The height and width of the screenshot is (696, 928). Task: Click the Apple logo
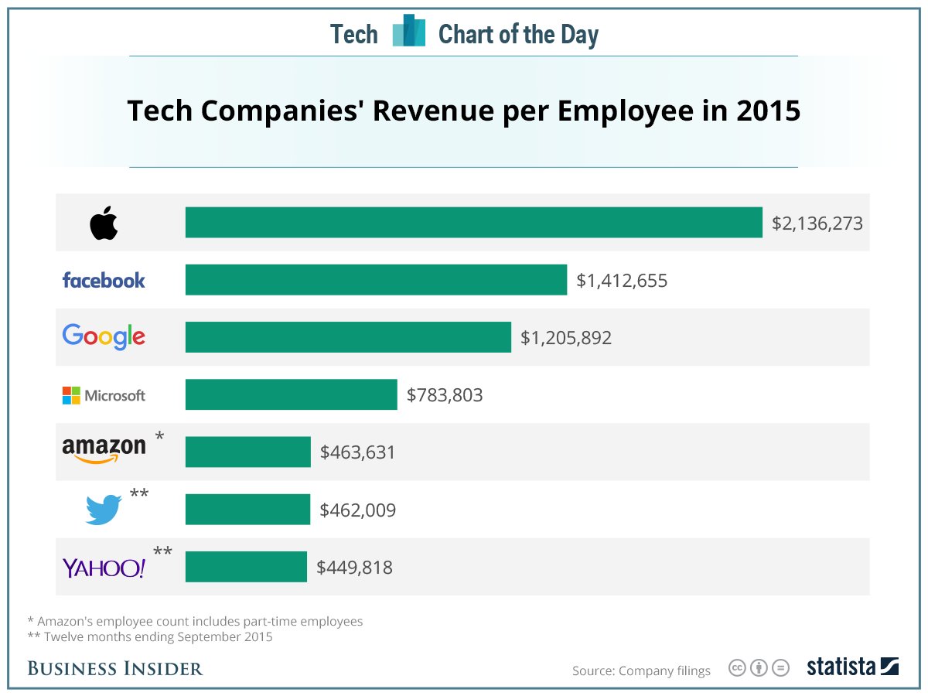tap(104, 223)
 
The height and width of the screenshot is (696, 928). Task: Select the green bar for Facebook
tap(376, 280)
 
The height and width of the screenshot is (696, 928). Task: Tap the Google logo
tap(104, 336)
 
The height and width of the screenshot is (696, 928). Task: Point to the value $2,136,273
tap(817, 223)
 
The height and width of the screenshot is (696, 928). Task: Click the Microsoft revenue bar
tap(291, 394)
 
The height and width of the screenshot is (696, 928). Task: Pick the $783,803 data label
tap(445, 395)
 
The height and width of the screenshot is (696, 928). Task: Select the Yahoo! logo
tap(104, 568)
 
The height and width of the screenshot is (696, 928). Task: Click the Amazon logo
tap(104, 450)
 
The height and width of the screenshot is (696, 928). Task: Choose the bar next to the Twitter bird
tap(247, 510)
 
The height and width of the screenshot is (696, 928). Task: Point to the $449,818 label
tap(354, 568)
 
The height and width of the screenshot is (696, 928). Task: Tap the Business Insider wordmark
tap(115, 668)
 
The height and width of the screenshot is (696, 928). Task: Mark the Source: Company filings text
tap(641, 670)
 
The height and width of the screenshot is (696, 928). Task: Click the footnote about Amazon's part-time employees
tap(195, 621)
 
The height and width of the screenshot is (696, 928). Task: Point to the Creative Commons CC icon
tap(737, 667)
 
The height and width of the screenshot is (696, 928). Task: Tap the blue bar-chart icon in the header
tap(408, 32)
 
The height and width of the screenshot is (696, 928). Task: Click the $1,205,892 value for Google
tap(566, 338)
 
